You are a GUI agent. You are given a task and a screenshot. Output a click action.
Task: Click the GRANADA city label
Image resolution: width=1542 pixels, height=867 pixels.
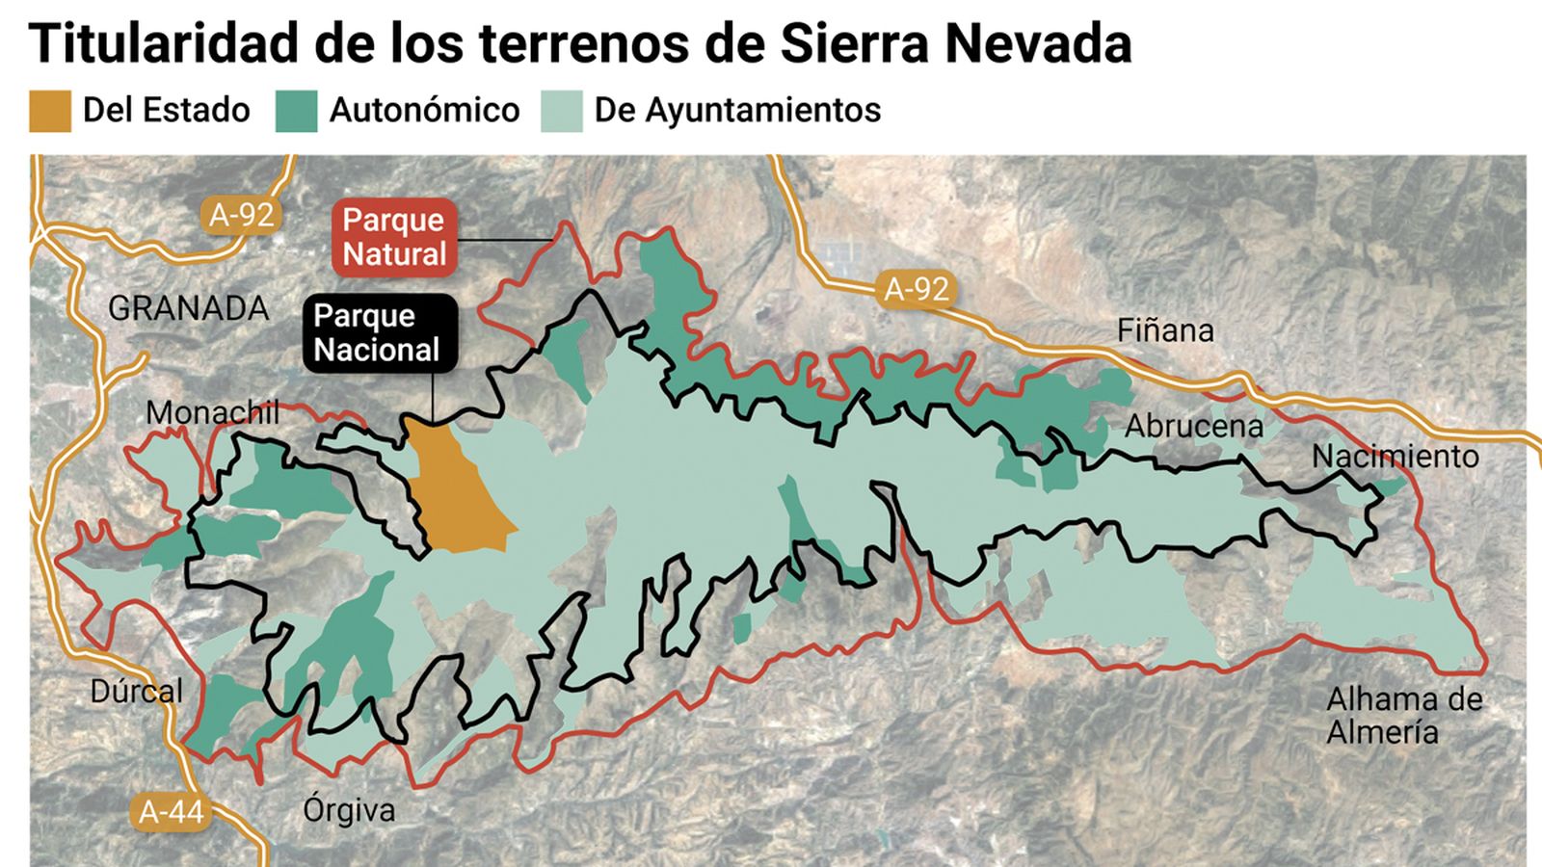(x=188, y=309)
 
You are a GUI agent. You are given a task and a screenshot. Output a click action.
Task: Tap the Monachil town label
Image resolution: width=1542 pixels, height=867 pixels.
(x=212, y=413)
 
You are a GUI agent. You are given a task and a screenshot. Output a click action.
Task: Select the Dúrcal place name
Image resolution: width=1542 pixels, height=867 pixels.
(x=136, y=691)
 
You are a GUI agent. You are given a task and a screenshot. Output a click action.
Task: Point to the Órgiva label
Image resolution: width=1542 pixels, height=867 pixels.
(x=349, y=810)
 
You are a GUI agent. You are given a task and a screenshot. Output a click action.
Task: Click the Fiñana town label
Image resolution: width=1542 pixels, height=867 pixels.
(x=1165, y=331)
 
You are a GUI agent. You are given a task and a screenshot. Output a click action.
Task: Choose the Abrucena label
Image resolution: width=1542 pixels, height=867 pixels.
(x=1193, y=426)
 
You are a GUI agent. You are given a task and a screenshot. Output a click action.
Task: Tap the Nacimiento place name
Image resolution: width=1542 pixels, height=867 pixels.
(x=1395, y=456)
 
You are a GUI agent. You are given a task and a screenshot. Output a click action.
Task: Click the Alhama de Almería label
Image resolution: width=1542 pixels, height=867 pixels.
(x=1403, y=715)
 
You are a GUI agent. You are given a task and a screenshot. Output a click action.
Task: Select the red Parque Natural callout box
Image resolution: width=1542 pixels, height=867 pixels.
(x=394, y=237)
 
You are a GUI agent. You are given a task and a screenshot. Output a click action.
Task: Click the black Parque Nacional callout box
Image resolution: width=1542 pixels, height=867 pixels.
(x=379, y=332)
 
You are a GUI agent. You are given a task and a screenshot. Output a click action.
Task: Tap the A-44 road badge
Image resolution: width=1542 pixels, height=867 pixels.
(x=171, y=811)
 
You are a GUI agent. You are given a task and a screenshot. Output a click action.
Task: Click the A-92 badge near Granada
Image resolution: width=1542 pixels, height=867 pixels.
(x=241, y=215)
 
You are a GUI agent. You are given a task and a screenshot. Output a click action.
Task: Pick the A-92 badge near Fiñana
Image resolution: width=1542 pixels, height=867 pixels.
(x=917, y=288)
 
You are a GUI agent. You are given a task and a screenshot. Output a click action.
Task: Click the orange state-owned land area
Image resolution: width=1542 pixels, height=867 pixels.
(x=461, y=496)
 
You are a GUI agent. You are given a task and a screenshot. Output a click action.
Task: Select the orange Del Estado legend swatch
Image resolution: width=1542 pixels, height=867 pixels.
(x=50, y=111)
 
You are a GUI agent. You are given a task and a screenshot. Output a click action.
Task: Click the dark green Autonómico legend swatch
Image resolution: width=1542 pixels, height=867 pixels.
(x=296, y=111)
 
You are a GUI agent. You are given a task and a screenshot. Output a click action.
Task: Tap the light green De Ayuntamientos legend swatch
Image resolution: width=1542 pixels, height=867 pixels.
(x=561, y=111)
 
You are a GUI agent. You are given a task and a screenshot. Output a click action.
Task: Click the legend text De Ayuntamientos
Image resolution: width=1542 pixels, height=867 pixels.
(x=737, y=111)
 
